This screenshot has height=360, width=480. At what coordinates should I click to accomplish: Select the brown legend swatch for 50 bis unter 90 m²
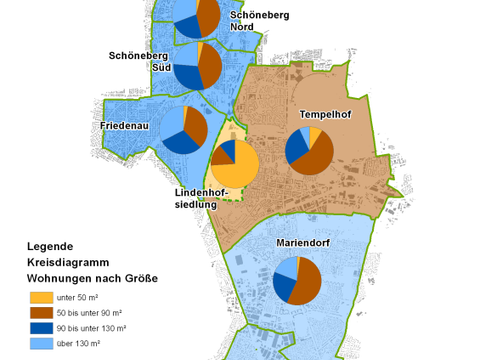[40, 313]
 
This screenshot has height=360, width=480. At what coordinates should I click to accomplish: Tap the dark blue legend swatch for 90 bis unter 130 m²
[40, 329]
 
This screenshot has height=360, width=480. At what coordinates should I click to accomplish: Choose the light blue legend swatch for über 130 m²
[40, 344]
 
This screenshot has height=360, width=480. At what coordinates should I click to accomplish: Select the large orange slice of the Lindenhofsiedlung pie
[240, 172]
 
